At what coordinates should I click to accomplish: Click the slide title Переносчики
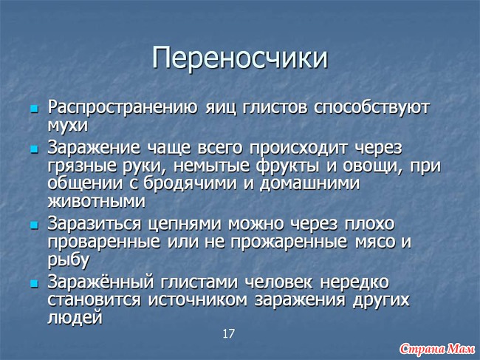pos(240,58)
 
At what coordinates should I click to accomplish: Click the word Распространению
pos(123,108)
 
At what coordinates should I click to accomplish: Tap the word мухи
pos(68,126)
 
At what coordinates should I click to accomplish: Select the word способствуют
pos(371,108)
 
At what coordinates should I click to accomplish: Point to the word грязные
pos(82,166)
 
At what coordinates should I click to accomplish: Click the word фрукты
pos(288,166)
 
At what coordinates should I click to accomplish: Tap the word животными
pos(97,202)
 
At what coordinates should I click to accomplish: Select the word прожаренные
pos(289,242)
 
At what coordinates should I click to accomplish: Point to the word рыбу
pos(69,261)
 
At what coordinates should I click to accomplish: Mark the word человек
pos(278,282)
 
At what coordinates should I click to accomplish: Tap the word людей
pos(75,318)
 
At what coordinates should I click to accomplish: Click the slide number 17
pos(228,333)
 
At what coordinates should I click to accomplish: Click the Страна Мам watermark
pos(437,348)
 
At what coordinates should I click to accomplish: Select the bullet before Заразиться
pos(34,225)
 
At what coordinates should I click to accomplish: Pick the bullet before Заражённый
pos(34,283)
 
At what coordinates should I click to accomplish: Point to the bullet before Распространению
pos(34,109)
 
